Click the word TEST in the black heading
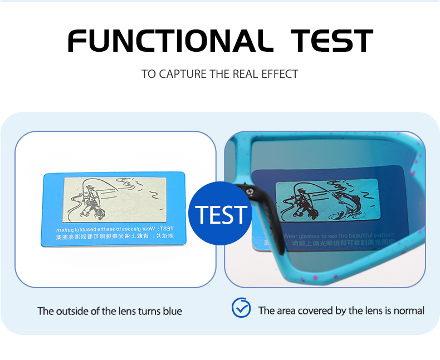coord(333,41)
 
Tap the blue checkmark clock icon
coord(241,308)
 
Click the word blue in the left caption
coord(172,311)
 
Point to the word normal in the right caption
coord(409,310)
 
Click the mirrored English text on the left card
coord(114,229)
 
